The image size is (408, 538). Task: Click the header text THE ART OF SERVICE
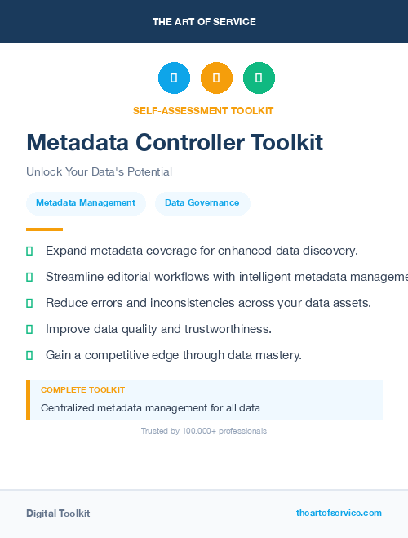(204, 22)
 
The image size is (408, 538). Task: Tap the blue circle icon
(174, 78)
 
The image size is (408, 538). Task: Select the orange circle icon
(216, 78)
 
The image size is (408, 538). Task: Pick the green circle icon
(259, 78)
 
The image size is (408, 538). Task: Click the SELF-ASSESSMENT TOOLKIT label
(204, 110)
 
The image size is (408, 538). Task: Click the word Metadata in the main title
(77, 143)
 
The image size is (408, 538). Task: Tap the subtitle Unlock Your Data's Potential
(99, 171)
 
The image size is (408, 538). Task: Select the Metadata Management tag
(86, 202)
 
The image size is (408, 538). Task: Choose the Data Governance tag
(202, 202)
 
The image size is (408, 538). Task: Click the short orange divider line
(44, 229)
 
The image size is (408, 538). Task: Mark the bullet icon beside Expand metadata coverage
(29, 251)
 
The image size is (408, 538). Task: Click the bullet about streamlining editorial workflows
(220, 277)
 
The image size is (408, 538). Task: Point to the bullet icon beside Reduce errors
(29, 303)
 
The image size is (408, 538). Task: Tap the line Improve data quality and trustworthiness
(158, 329)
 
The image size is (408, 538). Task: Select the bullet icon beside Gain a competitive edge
(29, 355)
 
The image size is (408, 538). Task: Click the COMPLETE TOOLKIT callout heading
(82, 390)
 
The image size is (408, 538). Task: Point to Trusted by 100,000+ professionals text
(204, 430)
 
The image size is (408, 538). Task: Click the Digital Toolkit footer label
(58, 514)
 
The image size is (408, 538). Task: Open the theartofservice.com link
(339, 513)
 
